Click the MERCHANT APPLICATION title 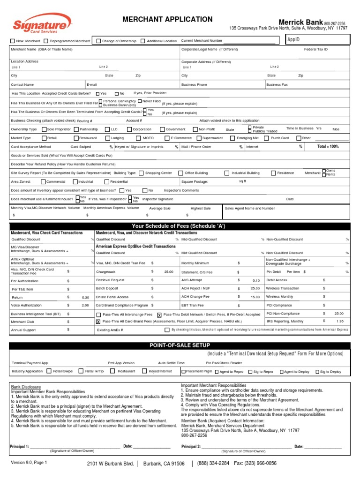click(167, 19)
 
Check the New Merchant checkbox click(13, 41)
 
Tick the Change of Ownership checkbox click(98, 41)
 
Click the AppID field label click(293, 40)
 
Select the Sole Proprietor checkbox click(44, 129)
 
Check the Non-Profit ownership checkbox click(195, 129)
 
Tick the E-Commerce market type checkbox click(167, 138)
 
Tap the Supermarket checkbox click(199, 138)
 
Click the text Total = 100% click(328, 147)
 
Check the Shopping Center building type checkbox click(141, 173)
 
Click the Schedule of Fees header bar click(179, 226)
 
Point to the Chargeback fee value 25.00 click(169, 272)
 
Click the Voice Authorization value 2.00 click(85, 305)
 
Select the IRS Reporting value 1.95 click(339, 321)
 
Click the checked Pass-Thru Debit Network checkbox click(159, 315)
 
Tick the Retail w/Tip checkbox click(82, 371)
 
